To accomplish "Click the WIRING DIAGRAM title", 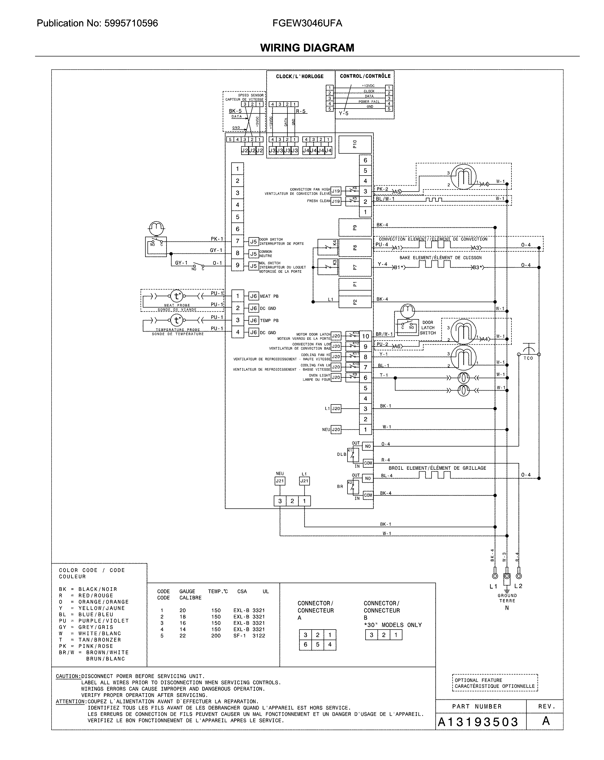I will pos(307,48).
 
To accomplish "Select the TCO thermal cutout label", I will pos(528,358).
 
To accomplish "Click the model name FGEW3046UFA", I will pos(307,23).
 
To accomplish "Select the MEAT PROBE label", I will pos(177,305).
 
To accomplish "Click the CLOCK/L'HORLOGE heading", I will pos(300,76).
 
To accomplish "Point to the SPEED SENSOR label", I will pos(251,95).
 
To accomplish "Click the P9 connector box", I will pos(355,227).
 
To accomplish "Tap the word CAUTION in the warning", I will pos(68,676).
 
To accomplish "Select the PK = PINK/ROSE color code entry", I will pos(86,646).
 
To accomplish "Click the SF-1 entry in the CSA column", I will pos(239,635).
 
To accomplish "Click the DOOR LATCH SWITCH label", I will pos(428,327).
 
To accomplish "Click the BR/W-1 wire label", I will pos(384,334).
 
